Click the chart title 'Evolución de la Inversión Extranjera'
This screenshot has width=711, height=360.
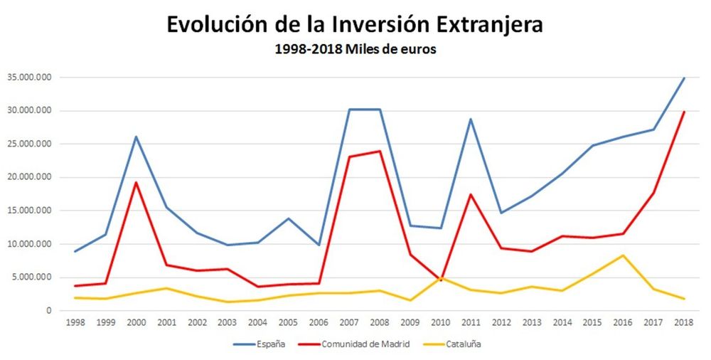(x=355, y=24)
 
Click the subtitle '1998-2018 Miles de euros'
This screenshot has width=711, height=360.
(x=355, y=50)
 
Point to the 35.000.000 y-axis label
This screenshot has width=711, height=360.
(x=28, y=78)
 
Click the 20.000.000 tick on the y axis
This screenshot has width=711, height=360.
(x=28, y=178)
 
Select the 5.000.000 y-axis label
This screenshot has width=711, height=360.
(x=31, y=277)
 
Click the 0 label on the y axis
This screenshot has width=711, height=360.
(x=49, y=311)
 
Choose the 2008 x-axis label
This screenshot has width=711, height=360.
(x=380, y=322)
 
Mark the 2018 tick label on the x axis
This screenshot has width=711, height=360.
(x=684, y=322)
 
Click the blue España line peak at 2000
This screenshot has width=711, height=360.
(x=136, y=137)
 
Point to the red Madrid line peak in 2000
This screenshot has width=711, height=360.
(x=136, y=182)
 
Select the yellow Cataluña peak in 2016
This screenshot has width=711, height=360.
(x=623, y=255)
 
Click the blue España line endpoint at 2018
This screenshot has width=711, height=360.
(x=684, y=78)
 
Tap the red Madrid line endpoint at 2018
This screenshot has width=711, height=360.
(x=684, y=112)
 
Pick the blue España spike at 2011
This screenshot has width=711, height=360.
(x=471, y=119)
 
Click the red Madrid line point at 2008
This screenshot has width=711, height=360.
(x=380, y=151)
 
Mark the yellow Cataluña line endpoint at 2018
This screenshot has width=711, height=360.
(x=684, y=299)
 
